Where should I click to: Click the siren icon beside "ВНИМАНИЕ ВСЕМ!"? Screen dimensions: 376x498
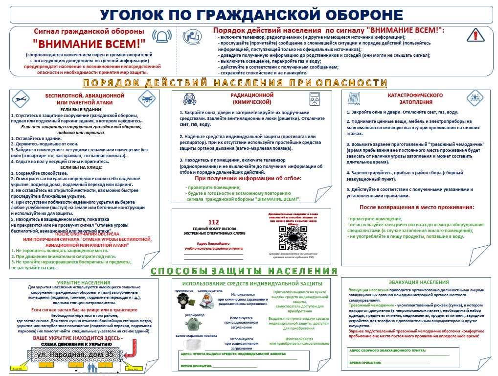161,36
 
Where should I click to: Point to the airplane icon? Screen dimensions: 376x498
19,98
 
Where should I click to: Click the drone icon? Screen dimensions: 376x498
146,98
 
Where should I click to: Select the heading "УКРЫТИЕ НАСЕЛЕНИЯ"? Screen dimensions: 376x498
83,282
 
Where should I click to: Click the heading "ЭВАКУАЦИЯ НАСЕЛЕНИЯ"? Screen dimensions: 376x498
419,282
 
